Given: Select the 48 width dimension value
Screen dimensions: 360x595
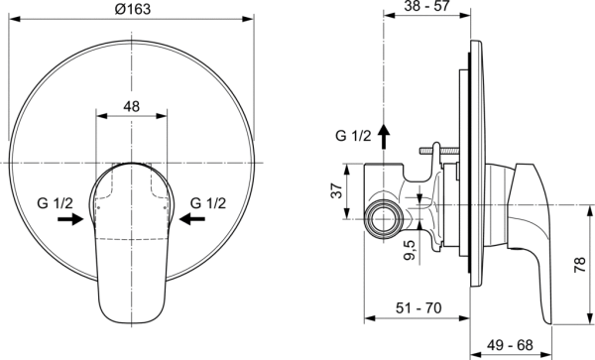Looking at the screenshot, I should pyautogui.click(x=132, y=104).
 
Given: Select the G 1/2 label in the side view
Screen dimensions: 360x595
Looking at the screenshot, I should pyautogui.click(x=351, y=137).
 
